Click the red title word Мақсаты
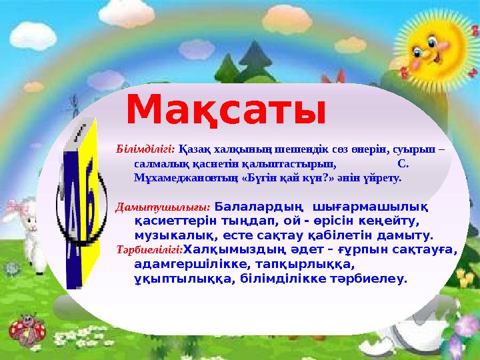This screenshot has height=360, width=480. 227,110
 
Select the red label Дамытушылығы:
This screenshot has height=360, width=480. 163,207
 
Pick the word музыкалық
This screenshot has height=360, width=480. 167,235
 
